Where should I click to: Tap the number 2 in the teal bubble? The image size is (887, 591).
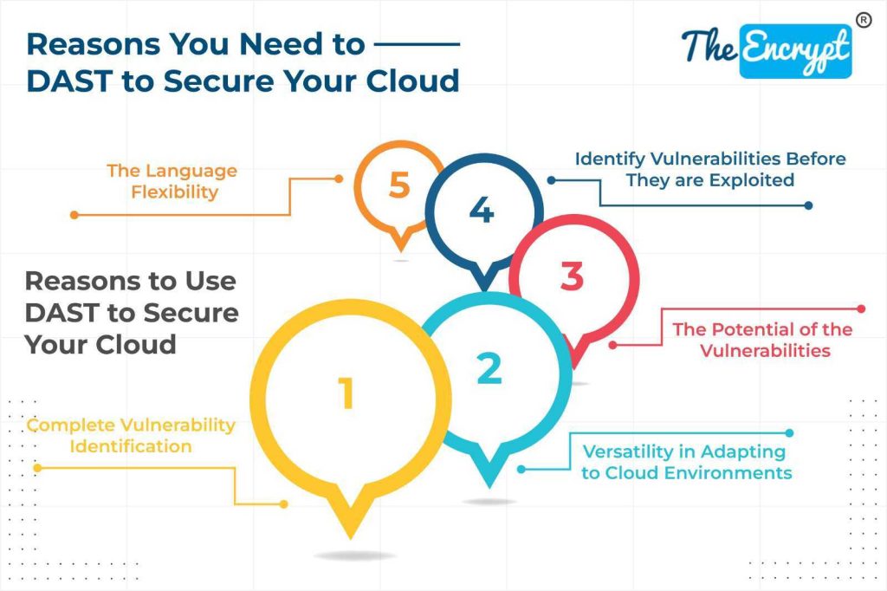489,369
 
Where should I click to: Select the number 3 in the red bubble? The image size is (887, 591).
572,277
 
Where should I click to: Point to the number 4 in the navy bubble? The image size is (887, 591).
482,211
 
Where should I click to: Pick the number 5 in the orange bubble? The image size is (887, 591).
398,185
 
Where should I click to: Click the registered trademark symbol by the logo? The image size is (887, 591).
863,19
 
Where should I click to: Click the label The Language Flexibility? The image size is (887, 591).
172,180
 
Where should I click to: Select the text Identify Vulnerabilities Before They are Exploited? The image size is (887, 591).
710,169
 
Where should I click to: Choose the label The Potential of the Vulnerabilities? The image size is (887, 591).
762,340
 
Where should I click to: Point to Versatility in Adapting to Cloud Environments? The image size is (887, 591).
686,462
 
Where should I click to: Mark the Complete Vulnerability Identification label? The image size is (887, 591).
131,435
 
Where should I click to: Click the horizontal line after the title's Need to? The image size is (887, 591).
420,42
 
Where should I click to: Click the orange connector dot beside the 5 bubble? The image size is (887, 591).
339,179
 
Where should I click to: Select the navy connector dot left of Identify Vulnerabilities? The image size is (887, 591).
549,181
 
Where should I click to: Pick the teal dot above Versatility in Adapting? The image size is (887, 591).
788,432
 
